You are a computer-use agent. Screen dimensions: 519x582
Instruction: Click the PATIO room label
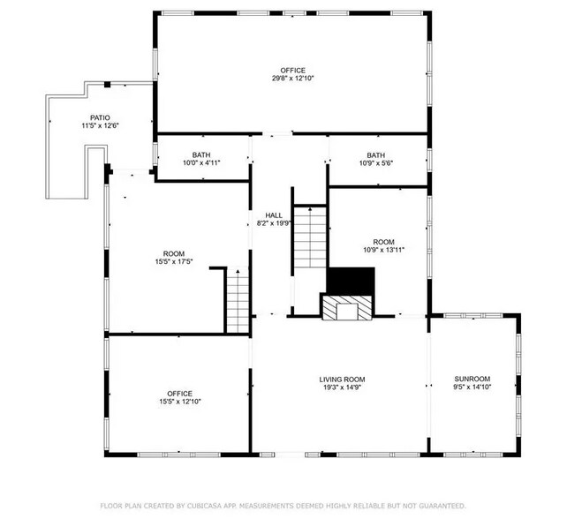tap(100, 117)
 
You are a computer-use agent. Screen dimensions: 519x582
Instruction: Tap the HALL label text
tap(274, 215)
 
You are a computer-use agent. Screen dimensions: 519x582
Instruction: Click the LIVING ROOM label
tap(342, 379)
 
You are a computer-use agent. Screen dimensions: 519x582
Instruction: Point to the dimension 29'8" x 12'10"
tap(292, 79)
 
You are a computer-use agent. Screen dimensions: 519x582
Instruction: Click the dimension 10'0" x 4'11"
tap(201, 163)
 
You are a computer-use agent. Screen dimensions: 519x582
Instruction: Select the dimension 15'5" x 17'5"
tap(172, 261)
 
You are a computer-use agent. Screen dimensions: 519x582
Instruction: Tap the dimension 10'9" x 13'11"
tap(383, 250)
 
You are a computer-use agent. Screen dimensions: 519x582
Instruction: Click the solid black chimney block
tap(351, 280)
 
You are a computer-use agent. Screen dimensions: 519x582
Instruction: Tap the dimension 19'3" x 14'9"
tap(342, 387)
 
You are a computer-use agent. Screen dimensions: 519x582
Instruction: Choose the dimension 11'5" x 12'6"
tap(100, 126)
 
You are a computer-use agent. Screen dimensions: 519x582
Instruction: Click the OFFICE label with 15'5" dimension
tap(179, 394)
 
